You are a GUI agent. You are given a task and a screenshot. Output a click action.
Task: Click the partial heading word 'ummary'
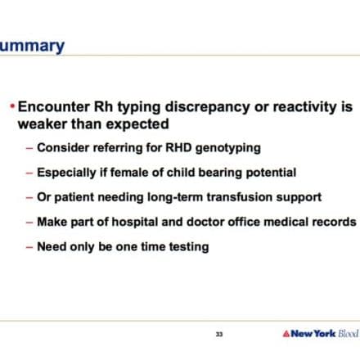point(32,47)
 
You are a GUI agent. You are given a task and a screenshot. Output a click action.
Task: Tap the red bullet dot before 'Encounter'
point(12,106)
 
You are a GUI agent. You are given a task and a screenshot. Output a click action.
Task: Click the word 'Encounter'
point(54,106)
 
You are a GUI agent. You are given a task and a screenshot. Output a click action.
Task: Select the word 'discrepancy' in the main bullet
point(207,107)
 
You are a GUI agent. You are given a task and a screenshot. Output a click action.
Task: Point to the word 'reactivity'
point(304,107)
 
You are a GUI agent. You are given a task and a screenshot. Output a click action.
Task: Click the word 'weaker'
point(43,124)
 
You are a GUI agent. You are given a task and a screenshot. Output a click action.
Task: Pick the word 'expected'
point(137,125)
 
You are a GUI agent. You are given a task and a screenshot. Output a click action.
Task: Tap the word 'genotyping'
point(228,149)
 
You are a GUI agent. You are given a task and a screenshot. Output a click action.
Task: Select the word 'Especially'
point(66,173)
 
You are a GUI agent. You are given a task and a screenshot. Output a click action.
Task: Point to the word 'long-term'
point(175,197)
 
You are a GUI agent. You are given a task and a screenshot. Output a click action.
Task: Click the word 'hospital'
point(135,223)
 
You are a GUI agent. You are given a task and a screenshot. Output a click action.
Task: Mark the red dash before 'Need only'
point(29,247)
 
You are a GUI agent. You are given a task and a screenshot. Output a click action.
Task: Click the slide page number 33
point(219,334)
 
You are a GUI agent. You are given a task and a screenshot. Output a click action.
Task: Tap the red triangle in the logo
point(286,334)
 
